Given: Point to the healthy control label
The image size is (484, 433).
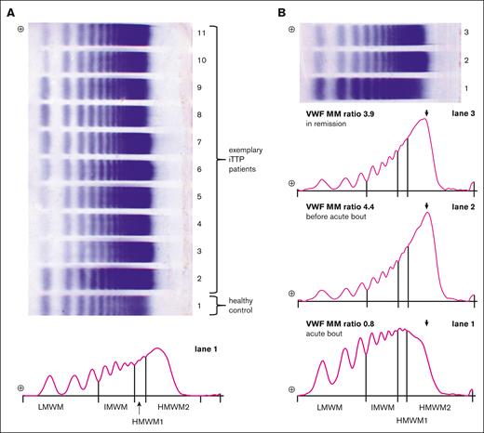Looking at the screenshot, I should coord(243,307).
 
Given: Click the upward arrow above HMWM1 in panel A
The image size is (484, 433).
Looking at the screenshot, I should coord(138,404).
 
